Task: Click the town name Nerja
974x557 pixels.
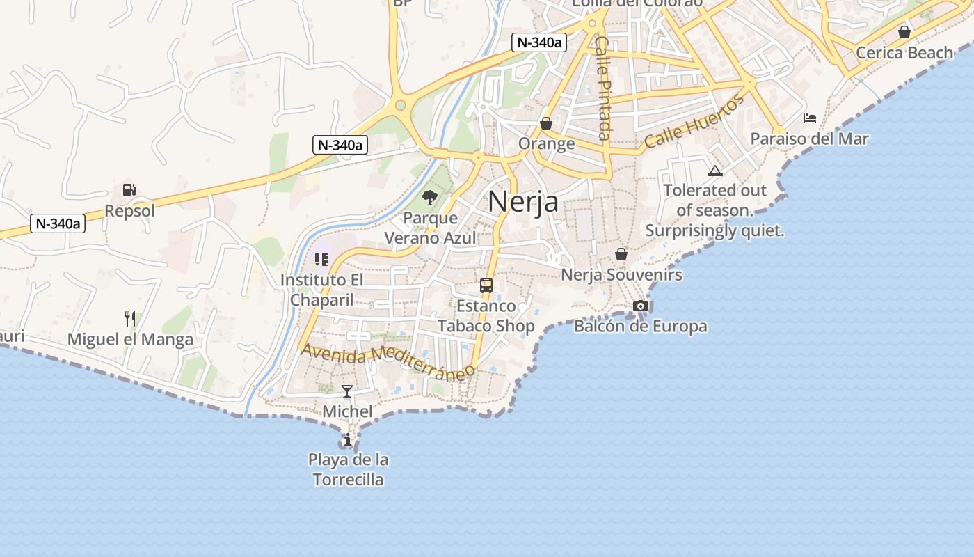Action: click(x=523, y=201)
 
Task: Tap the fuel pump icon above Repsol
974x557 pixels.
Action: click(x=129, y=189)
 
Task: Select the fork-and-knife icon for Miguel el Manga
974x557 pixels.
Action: click(x=129, y=319)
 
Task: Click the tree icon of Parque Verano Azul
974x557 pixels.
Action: click(x=430, y=198)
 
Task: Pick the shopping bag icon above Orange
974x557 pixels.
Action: click(x=546, y=123)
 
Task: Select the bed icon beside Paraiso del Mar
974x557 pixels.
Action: click(x=810, y=118)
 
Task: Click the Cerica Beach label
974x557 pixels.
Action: click(x=904, y=52)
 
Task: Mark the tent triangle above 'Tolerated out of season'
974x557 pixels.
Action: click(x=714, y=171)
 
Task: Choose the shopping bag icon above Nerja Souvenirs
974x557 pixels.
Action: click(x=621, y=254)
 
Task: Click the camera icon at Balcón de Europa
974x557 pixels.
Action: click(x=641, y=306)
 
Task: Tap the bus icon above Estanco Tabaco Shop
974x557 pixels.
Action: click(x=486, y=285)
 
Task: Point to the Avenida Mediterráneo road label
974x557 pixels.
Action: click(x=388, y=361)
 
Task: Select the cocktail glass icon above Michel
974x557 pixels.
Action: click(x=347, y=391)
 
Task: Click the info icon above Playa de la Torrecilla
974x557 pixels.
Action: click(x=347, y=439)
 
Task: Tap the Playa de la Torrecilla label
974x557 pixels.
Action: click(x=348, y=469)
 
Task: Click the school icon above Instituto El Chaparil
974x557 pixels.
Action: click(x=321, y=260)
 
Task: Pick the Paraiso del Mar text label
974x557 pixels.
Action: click(x=810, y=139)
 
